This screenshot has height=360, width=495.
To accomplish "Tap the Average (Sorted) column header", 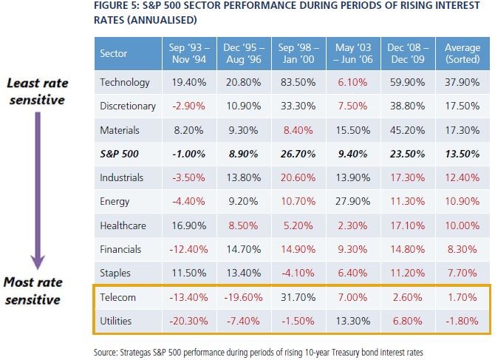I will (x=462, y=53).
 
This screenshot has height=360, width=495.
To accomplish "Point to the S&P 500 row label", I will (x=119, y=154).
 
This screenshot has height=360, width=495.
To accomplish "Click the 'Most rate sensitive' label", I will (x=35, y=291).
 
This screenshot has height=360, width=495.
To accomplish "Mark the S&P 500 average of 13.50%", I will (x=462, y=154).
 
